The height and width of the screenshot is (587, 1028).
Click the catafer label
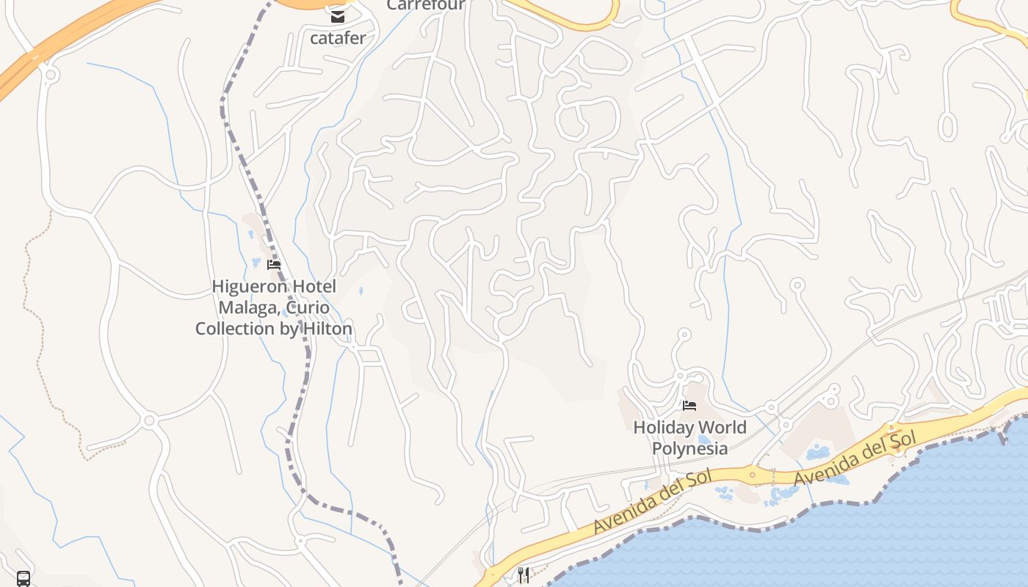pyautogui.click(x=338, y=38)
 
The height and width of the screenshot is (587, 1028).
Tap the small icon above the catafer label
pyautogui.click(x=338, y=17)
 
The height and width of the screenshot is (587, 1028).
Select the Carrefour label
pyautogui.click(x=426, y=5)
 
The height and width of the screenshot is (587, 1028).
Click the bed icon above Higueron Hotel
pyautogui.click(x=274, y=265)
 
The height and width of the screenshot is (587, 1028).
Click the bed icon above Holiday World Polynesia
pyautogui.click(x=689, y=405)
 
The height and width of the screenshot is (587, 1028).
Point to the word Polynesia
pyautogui.click(x=689, y=448)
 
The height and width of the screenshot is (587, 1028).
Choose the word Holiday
pyautogui.click(x=662, y=427)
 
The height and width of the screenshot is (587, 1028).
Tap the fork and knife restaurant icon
pyautogui.click(x=523, y=575)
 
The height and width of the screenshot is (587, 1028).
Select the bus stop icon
pyautogui.click(x=23, y=579)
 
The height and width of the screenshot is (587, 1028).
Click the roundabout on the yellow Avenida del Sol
pyautogui.click(x=752, y=475)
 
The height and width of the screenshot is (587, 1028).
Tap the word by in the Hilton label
pyautogui.click(x=289, y=329)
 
